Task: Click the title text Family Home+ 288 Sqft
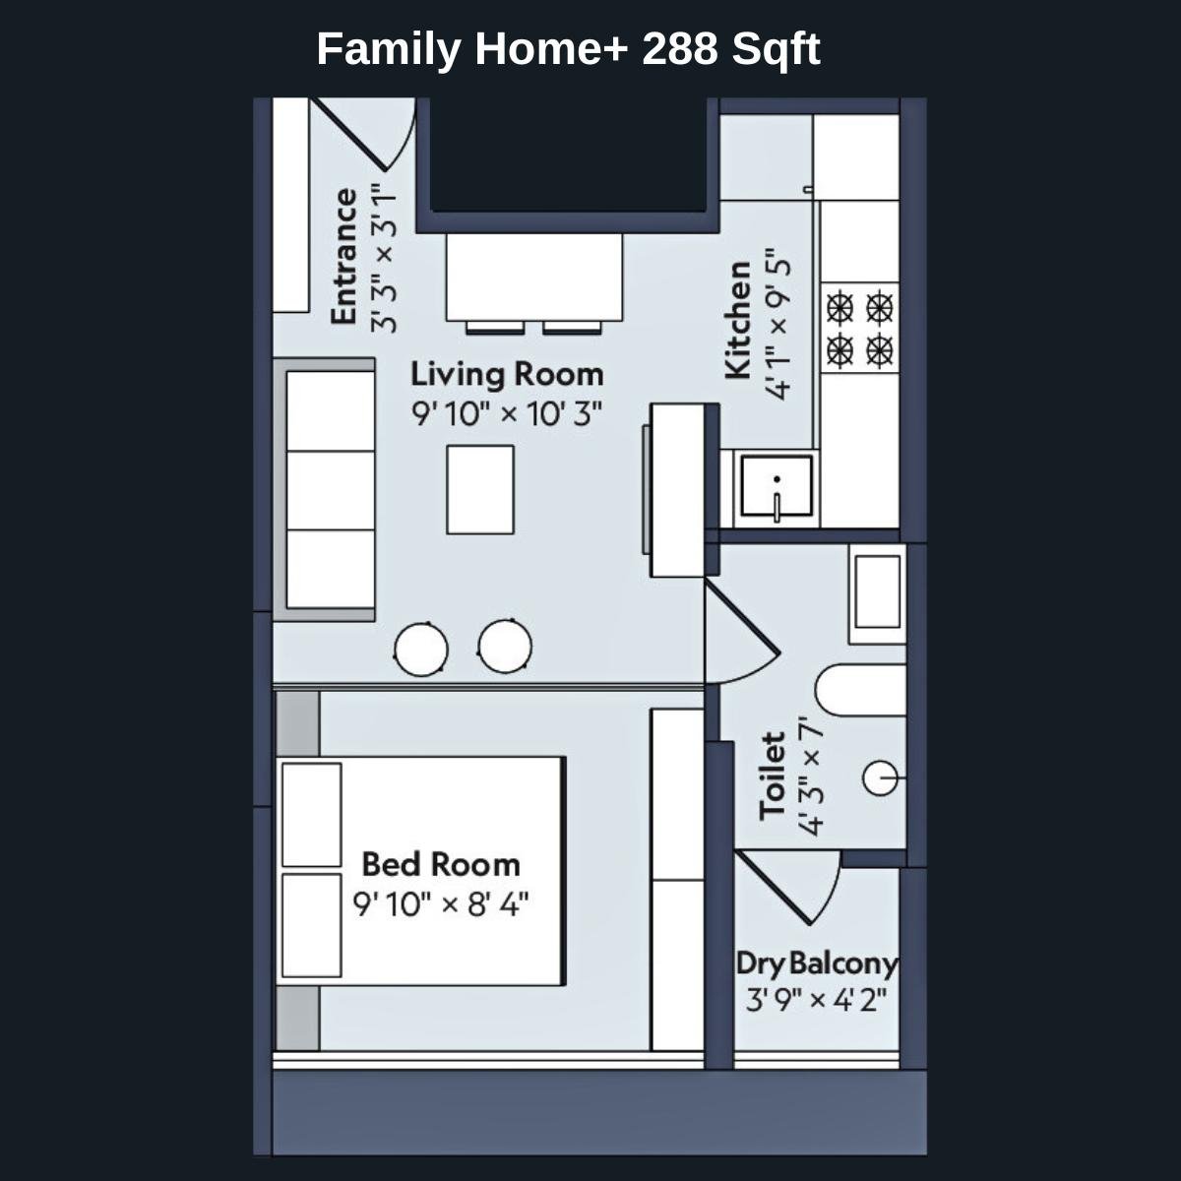tap(568, 48)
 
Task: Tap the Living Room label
tap(506, 375)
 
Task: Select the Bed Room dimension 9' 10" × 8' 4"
tap(441, 903)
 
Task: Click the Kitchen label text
tap(738, 320)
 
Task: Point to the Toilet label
tap(774, 775)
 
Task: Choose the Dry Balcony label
tap(817, 963)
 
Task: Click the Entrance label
tap(343, 256)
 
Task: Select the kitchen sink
tap(777, 485)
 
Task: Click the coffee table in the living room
tap(480, 489)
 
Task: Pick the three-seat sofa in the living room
tap(330, 489)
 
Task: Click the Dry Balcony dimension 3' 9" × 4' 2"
tap(817, 1001)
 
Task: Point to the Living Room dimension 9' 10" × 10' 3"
tap(506, 413)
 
